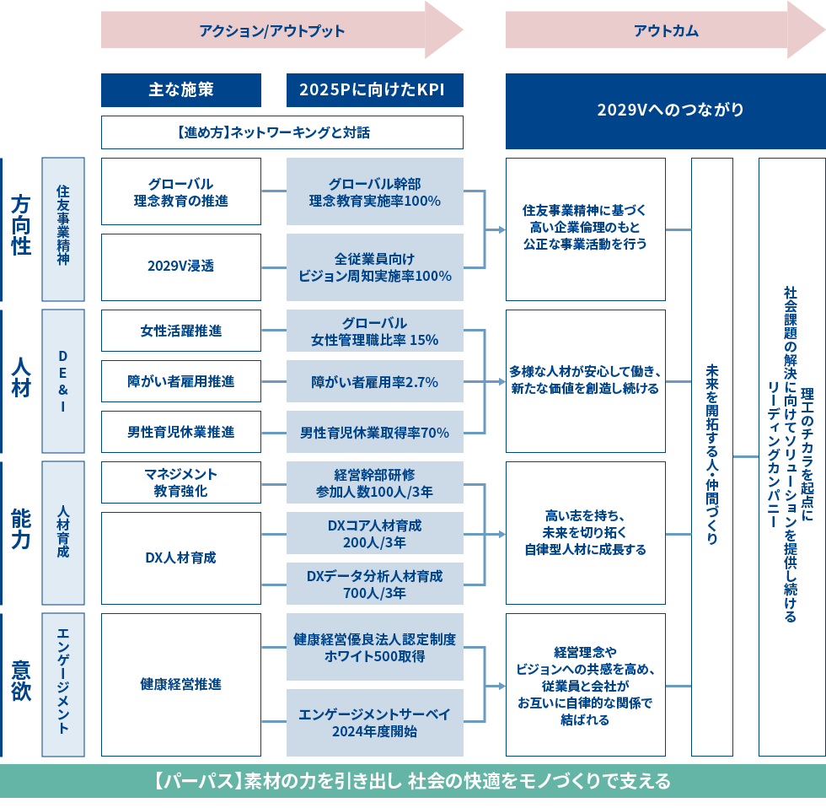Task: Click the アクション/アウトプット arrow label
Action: pyautogui.click(x=271, y=31)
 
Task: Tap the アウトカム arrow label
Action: pyautogui.click(x=666, y=31)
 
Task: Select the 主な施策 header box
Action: pyautogui.click(x=181, y=90)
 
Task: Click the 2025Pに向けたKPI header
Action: pyautogui.click(x=374, y=90)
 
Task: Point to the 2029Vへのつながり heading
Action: pyautogui.click(x=670, y=110)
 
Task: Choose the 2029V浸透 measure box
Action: pyautogui.click(x=181, y=267)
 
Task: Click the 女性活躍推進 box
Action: pyautogui.click(x=181, y=331)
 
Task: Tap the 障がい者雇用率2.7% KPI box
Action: pyautogui.click(x=374, y=381)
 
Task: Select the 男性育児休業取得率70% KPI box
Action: pyautogui.click(x=374, y=432)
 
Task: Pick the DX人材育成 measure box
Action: pyautogui.click(x=181, y=558)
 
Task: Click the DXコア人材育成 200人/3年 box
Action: pyautogui.click(x=374, y=533)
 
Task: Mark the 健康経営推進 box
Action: pyautogui.click(x=181, y=685)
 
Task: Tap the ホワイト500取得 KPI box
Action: pyautogui.click(x=374, y=647)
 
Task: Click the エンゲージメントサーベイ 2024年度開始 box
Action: pyautogui.click(x=374, y=723)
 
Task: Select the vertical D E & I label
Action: pyautogui.click(x=63, y=381)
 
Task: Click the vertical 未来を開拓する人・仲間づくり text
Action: pyautogui.click(x=712, y=455)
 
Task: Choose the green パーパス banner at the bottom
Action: pyautogui.click(x=413, y=781)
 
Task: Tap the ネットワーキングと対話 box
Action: pyautogui.click(x=282, y=132)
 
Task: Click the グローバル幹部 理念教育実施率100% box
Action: pyautogui.click(x=374, y=191)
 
